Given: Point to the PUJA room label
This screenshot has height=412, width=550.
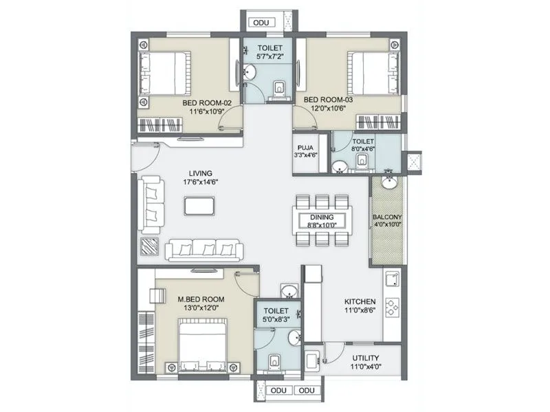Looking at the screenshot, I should pyautogui.click(x=305, y=148).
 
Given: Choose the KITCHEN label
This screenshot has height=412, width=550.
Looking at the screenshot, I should pyautogui.click(x=360, y=301).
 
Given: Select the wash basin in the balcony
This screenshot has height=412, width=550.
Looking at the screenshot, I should pyautogui.click(x=389, y=183).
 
